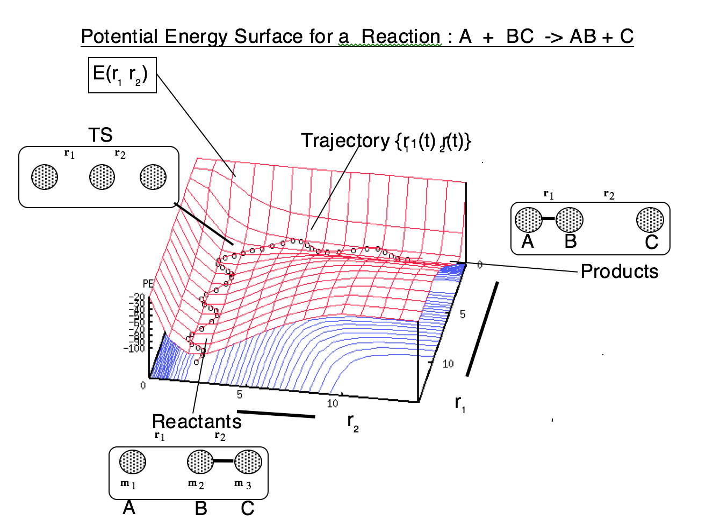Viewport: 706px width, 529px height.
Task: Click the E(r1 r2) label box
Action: tap(122, 75)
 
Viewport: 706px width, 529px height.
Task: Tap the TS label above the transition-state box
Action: tap(100, 135)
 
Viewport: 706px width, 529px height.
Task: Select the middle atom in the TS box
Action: tap(102, 177)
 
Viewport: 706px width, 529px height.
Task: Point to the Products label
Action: tap(619, 271)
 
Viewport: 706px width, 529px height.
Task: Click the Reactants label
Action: tap(197, 422)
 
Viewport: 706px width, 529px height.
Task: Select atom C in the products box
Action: tap(650, 220)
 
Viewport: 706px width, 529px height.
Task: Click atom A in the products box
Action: tap(529, 219)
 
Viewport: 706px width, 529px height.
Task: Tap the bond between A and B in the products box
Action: tap(549, 218)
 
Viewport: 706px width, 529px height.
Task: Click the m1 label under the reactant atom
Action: tap(128, 484)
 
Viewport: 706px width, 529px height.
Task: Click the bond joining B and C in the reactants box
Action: tap(224, 461)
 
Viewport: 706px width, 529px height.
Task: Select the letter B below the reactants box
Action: tap(201, 508)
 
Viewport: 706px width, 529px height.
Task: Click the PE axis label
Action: tap(148, 283)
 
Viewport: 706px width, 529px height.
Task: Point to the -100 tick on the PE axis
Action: tap(134, 349)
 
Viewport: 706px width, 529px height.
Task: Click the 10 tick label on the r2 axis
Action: tap(332, 403)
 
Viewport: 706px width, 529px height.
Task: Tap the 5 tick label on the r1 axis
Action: tap(463, 314)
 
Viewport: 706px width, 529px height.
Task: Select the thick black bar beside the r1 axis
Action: tap(482, 328)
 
